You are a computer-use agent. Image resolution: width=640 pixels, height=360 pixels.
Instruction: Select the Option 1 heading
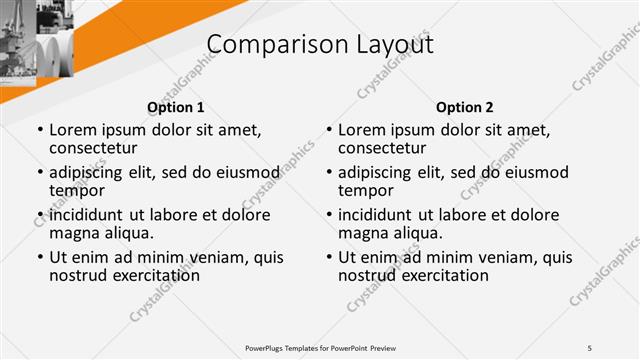click(175, 107)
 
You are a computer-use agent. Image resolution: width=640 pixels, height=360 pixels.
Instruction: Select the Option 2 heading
click(464, 107)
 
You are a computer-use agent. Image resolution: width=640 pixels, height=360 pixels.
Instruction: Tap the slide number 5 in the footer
click(590, 346)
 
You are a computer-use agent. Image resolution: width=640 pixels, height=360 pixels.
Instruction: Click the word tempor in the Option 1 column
click(77, 190)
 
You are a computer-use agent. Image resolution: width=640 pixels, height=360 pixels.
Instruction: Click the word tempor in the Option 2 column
click(366, 190)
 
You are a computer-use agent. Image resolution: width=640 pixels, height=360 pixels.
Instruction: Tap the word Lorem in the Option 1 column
click(72, 130)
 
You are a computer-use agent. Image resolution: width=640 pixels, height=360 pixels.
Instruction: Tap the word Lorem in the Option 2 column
click(361, 130)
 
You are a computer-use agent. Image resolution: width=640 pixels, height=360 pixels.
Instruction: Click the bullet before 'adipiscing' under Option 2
click(330, 172)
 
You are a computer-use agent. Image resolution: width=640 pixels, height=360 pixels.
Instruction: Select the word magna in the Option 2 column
click(363, 233)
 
